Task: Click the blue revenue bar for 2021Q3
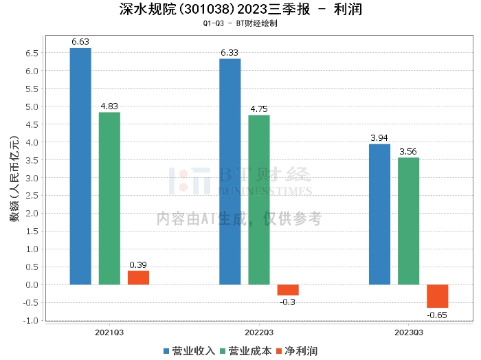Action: (x=80, y=166)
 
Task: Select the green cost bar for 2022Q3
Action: (x=259, y=200)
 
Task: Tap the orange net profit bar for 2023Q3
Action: (x=438, y=296)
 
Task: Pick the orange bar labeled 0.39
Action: (x=138, y=278)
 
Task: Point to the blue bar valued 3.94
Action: (x=379, y=214)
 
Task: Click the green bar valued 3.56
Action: (x=408, y=221)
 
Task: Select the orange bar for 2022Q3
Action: (x=288, y=290)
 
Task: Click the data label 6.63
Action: (x=80, y=42)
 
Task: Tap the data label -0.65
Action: (x=437, y=315)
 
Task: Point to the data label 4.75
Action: (x=259, y=109)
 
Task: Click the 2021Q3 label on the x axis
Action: (x=109, y=333)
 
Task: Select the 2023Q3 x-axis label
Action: (x=409, y=333)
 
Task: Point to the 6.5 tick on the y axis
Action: (x=32, y=53)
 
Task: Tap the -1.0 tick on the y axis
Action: (x=31, y=320)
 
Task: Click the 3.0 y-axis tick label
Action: (x=32, y=178)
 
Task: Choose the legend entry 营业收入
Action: (x=189, y=351)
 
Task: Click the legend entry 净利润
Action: (x=297, y=351)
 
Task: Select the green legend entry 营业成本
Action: (x=246, y=351)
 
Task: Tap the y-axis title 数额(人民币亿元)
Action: (x=14, y=179)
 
